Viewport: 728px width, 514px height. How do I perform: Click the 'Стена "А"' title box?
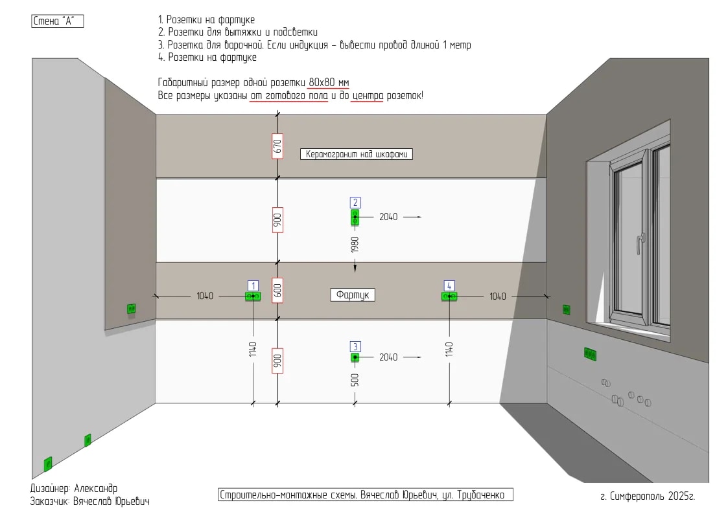coord(58,21)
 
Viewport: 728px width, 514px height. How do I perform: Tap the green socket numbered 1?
coord(253,296)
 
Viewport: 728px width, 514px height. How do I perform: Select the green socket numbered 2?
coord(355,218)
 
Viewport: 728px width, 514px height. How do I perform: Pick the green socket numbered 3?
coord(355,357)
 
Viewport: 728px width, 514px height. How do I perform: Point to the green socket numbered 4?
coord(449,296)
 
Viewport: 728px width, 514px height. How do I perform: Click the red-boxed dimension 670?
coord(277,146)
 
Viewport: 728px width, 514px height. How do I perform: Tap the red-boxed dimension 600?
coord(277,291)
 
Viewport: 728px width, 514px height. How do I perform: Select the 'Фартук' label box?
coord(353,295)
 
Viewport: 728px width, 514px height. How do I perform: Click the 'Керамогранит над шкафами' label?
coord(357,154)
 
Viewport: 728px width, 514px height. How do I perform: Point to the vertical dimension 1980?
coord(355,244)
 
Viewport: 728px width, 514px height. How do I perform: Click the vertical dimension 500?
coord(355,380)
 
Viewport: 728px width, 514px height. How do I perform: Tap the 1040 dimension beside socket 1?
coord(205,296)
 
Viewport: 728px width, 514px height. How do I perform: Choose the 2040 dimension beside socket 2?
coord(388,217)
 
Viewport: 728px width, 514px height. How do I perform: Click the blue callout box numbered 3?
coord(355,347)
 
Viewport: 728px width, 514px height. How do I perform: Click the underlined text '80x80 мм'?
coord(329,82)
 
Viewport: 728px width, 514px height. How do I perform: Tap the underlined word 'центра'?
coord(368,96)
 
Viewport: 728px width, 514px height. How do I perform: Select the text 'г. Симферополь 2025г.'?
coord(648,497)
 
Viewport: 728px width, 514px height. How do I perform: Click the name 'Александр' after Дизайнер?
coord(96,489)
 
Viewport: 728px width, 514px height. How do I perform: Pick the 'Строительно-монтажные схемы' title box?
coord(366,495)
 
